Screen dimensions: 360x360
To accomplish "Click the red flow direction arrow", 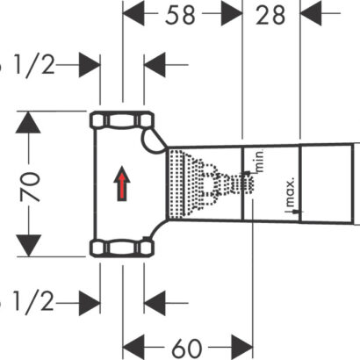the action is pyautogui.click(x=122, y=184).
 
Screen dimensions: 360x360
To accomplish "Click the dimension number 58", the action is pyautogui.click(x=180, y=15).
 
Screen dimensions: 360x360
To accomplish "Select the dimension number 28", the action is pyautogui.click(x=270, y=15).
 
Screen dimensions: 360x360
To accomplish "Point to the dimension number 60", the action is pyautogui.click(x=187, y=349).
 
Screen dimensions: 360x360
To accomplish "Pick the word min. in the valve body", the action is pyautogui.click(x=260, y=161).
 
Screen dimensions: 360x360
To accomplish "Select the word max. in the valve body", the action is pyautogui.click(x=290, y=192).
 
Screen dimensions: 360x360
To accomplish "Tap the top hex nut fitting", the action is pyautogui.click(x=122, y=120).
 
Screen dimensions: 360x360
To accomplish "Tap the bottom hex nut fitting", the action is pyautogui.click(x=122, y=248).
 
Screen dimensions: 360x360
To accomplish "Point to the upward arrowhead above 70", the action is pyautogui.click(x=28, y=122).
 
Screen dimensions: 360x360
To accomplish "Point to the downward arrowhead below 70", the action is pyautogui.click(x=28, y=245).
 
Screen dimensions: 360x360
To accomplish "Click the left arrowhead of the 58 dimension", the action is pyautogui.click(x=133, y=13).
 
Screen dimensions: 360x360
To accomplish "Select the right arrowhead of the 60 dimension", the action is pyautogui.click(x=241, y=348).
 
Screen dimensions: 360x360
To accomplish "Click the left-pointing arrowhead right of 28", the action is pyautogui.click(x=311, y=13).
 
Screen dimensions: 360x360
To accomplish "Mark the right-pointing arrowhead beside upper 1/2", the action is pyautogui.click(x=90, y=65).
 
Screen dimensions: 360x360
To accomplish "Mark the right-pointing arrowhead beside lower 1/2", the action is pyautogui.click(x=90, y=303).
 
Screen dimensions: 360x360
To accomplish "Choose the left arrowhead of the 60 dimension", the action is pyautogui.click(x=133, y=348).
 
